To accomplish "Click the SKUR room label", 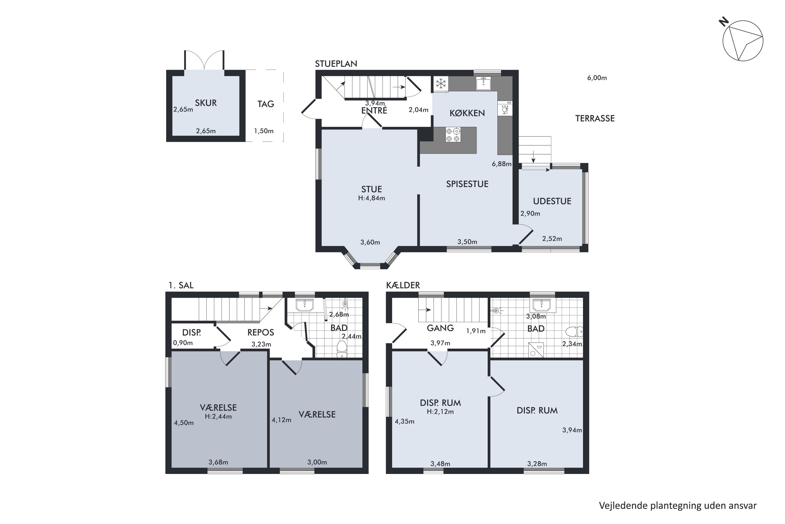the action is (206, 103).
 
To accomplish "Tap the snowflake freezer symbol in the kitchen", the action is (441, 84).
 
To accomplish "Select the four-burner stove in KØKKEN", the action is (453, 135).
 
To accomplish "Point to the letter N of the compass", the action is (724, 22).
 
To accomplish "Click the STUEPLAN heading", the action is (336, 64).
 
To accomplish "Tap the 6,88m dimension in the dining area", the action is (501, 164).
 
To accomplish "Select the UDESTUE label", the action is (552, 201).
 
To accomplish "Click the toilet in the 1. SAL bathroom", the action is (342, 349).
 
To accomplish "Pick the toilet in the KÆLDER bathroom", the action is (574, 331).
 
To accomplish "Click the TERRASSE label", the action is (595, 118).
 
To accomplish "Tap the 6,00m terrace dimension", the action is (597, 78).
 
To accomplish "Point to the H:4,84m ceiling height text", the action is (372, 198).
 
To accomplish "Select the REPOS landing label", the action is (261, 332).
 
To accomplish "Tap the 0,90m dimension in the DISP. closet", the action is (183, 343).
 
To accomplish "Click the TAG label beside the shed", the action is (266, 104).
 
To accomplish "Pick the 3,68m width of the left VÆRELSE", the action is (218, 462).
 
